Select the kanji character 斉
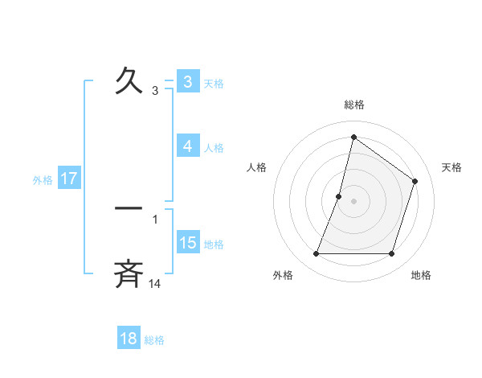click(129, 273)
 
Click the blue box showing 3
click(187, 82)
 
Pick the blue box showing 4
click(187, 146)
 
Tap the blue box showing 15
click(187, 243)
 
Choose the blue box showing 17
click(68, 179)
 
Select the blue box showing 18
click(129, 339)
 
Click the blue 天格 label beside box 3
click(214, 83)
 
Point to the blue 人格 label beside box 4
click(214, 147)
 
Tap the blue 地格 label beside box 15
click(214, 244)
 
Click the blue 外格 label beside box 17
click(43, 179)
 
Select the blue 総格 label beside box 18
click(154, 339)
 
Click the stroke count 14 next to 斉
click(155, 283)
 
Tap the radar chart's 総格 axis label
click(353, 105)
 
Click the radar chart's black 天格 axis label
click(452, 167)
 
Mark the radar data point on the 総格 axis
click(353, 137)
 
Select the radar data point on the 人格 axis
click(339, 195)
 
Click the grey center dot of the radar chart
click(353, 200)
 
